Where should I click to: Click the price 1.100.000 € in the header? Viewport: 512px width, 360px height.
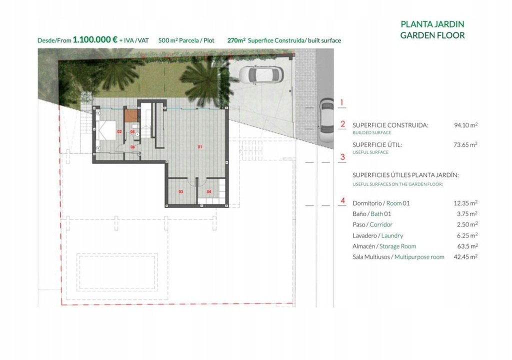click(95, 39)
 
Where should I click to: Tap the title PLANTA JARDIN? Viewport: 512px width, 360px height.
click(432, 24)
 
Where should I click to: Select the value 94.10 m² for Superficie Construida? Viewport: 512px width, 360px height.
click(465, 125)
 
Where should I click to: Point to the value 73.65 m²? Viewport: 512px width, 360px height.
click(465, 144)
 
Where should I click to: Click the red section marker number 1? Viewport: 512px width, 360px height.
click(342, 102)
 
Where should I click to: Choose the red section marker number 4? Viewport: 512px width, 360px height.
click(342, 200)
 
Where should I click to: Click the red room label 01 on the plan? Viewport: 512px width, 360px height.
click(200, 147)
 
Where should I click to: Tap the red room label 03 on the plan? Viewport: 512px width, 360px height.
click(180, 192)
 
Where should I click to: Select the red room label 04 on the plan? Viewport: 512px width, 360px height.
click(209, 192)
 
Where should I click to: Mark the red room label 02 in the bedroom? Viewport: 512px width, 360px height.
click(119, 131)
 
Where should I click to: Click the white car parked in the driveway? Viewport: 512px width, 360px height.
click(261, 75)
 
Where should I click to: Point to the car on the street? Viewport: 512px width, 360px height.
click(326, 121)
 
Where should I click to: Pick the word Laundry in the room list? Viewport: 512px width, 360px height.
click(392, 235)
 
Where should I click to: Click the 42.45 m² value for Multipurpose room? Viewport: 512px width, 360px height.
click(465, 257)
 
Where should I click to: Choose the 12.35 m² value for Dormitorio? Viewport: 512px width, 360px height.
click(465, 203)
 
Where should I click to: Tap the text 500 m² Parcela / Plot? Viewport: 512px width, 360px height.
click(186, 40)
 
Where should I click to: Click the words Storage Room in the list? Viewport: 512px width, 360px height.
click(397, 246)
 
